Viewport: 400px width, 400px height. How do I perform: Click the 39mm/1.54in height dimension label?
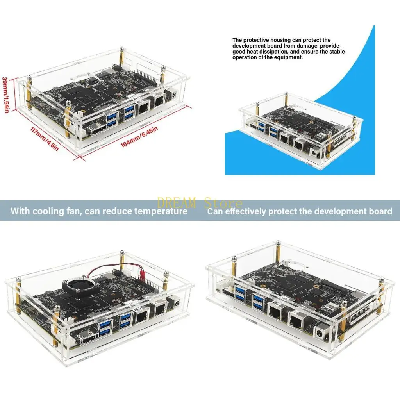5,95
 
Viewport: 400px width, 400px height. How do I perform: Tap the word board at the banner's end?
381,212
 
